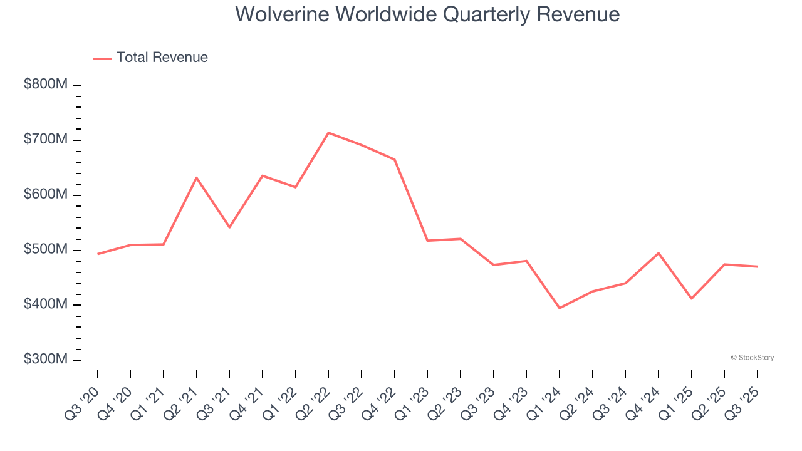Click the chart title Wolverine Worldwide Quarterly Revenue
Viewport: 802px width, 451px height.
coord(427,14)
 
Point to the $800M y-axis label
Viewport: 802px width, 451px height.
coord(46,85)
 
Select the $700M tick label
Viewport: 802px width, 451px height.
coord(46,140)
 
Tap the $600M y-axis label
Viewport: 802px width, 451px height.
coord(46,195)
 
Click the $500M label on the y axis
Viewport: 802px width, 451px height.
coord(46,250)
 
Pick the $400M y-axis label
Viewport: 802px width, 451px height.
coord(46,305)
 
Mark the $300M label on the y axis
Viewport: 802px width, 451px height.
coord(46,360)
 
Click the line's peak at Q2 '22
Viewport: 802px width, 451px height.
coord(328,133)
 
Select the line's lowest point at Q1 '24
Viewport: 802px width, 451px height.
coord(559,308)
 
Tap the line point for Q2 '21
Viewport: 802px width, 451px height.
coord(197,177)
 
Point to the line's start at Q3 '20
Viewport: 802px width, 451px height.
coord(98,254)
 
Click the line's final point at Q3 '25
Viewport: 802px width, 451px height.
coord(757,267)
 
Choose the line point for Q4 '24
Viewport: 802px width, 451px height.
coord(658,253)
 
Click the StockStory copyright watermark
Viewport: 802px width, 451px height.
coord(752,358)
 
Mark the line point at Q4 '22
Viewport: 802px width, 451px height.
coord(394,160)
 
